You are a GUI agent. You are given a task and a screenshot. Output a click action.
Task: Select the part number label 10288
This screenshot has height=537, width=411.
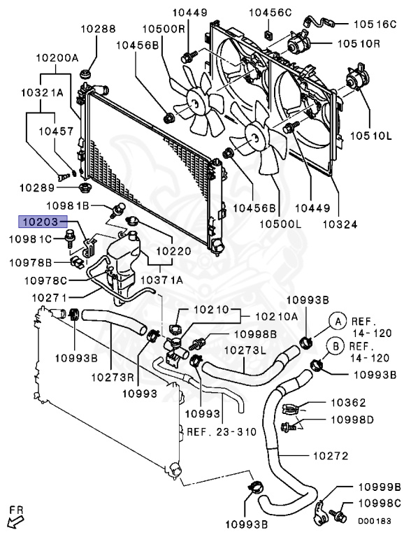[x=99, y=29]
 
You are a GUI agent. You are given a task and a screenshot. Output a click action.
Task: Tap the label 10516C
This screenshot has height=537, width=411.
[x=375, y=24]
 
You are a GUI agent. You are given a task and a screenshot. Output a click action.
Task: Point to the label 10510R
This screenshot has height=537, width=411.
[x=359, y=44]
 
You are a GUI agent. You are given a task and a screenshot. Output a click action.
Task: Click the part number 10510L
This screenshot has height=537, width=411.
[x=370, y=136]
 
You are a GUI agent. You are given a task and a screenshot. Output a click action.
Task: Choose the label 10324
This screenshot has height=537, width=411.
[x=340, y=224]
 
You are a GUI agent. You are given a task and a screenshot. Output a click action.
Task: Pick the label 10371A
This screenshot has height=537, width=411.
[x=161, y=280]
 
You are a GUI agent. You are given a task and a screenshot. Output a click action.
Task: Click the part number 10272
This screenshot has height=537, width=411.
[x=331, y=456]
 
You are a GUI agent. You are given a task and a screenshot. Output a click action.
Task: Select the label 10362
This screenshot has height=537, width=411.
[x=348, y=403]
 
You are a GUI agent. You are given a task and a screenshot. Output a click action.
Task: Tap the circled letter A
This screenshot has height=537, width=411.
[x=338, y=321]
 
